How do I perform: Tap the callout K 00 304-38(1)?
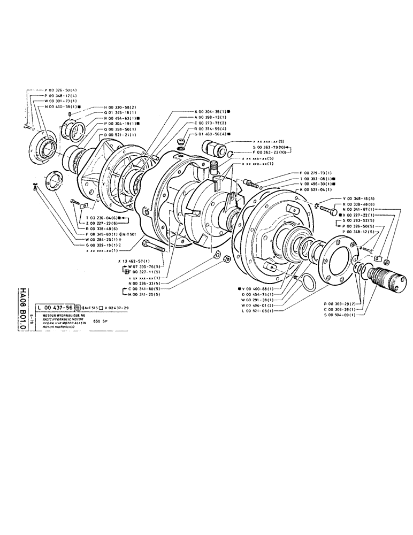[211, 111]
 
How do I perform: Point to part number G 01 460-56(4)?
[211, 135]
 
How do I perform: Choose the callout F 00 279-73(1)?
[318, 173]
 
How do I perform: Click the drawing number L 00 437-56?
[55, 308]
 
